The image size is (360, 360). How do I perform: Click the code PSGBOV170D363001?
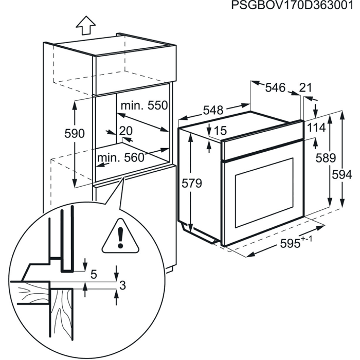(292, 5)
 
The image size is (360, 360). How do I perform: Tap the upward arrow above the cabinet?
(86, 25)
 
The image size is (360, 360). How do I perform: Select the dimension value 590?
(75, 134)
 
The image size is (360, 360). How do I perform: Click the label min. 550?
(144, 105)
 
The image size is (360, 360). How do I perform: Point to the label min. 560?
(120, 158)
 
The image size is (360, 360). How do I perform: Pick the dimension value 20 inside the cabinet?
(126, 131)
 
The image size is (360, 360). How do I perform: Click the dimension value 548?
(213, 111)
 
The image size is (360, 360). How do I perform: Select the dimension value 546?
(275, 87)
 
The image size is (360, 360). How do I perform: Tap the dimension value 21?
(305, 87)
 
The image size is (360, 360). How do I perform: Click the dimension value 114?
(316, 128)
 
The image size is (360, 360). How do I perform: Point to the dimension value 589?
(326, 158)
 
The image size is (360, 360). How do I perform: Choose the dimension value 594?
(342, 175)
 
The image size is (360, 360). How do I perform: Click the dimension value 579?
(192, 183)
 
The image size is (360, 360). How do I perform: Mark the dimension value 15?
(220, 131)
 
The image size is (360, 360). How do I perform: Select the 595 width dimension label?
(296, 242)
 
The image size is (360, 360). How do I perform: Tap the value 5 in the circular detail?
(94, 274)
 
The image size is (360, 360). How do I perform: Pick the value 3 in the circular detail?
(123, 285)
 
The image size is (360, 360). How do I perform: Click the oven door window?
(264, 192)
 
